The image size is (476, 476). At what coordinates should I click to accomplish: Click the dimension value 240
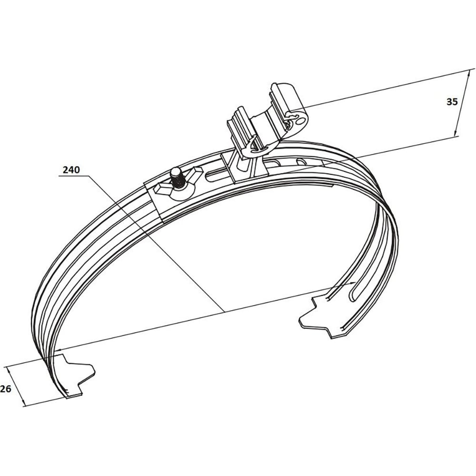pyautogui.click(x=71, y=170)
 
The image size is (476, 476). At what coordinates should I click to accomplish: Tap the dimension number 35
pyautogui.click(x=452, y=102)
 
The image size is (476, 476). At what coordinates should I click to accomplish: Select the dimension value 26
pyautogui.click(x=5, y=388)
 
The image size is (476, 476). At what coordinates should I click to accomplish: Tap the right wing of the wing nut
pyautogui.click(x=194, y=173)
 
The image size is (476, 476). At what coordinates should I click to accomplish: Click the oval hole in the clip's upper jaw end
pyautogui.click(x=300, y=121)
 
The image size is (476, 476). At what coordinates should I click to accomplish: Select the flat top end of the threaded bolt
pyautogui.click(x=175, y=172)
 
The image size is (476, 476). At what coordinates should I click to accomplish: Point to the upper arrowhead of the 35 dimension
pyautogui.click(x=470, y=73)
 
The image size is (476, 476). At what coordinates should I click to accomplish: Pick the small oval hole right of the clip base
pyautogui.click(x=302, y=162)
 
